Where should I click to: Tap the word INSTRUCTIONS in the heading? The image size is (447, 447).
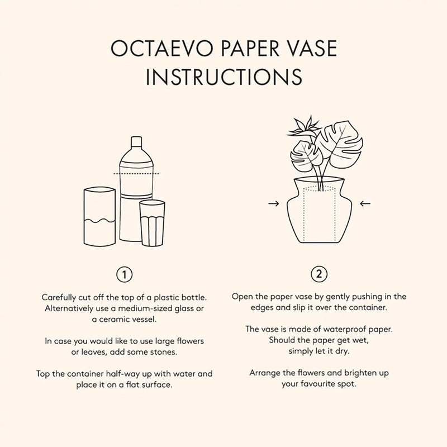(223, 77)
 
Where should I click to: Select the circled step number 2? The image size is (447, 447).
(318, 274)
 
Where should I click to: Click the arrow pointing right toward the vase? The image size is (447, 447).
(274, 204)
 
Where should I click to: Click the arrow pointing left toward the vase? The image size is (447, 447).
(365, 204)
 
